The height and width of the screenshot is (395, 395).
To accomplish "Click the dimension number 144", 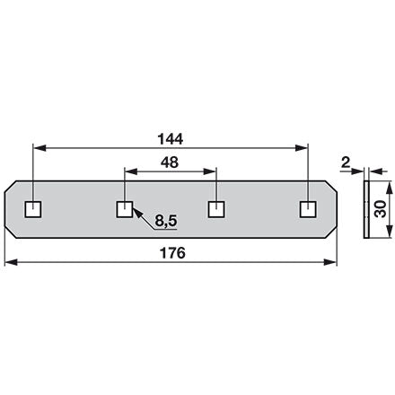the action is tap(171, 139).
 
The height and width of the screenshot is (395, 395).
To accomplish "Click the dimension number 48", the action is tap(170, 162).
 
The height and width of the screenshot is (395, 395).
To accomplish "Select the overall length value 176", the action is tap(173, 253).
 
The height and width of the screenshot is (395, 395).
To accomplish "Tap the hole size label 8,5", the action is tap(166, 221).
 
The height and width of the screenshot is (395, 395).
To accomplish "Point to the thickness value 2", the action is tap(346, 162).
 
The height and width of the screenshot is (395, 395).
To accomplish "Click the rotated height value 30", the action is tap(381, 209).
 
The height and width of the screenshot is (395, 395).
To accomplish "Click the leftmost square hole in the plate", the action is tap(33, 209).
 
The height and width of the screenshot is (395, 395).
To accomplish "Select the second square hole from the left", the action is tap(125, 209).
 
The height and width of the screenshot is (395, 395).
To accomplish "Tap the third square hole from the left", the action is tap(216, 209).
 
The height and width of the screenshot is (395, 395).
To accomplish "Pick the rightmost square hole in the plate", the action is tap(308, 209).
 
